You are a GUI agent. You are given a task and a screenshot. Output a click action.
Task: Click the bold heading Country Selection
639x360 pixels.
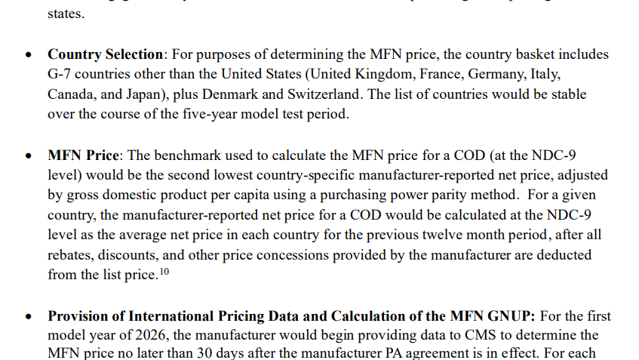tap(105, 55)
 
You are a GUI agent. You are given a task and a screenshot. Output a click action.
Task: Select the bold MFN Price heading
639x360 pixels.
tap(83, 155)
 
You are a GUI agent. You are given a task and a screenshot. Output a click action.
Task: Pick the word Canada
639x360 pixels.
tap(72, 95)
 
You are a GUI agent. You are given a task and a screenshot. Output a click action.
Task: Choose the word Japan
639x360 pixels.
tap(146, 95)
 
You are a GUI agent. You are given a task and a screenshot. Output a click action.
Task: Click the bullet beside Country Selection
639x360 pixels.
tap(28, 55)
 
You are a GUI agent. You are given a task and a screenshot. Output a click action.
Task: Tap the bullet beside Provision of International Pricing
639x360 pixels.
tap(28, 315)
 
